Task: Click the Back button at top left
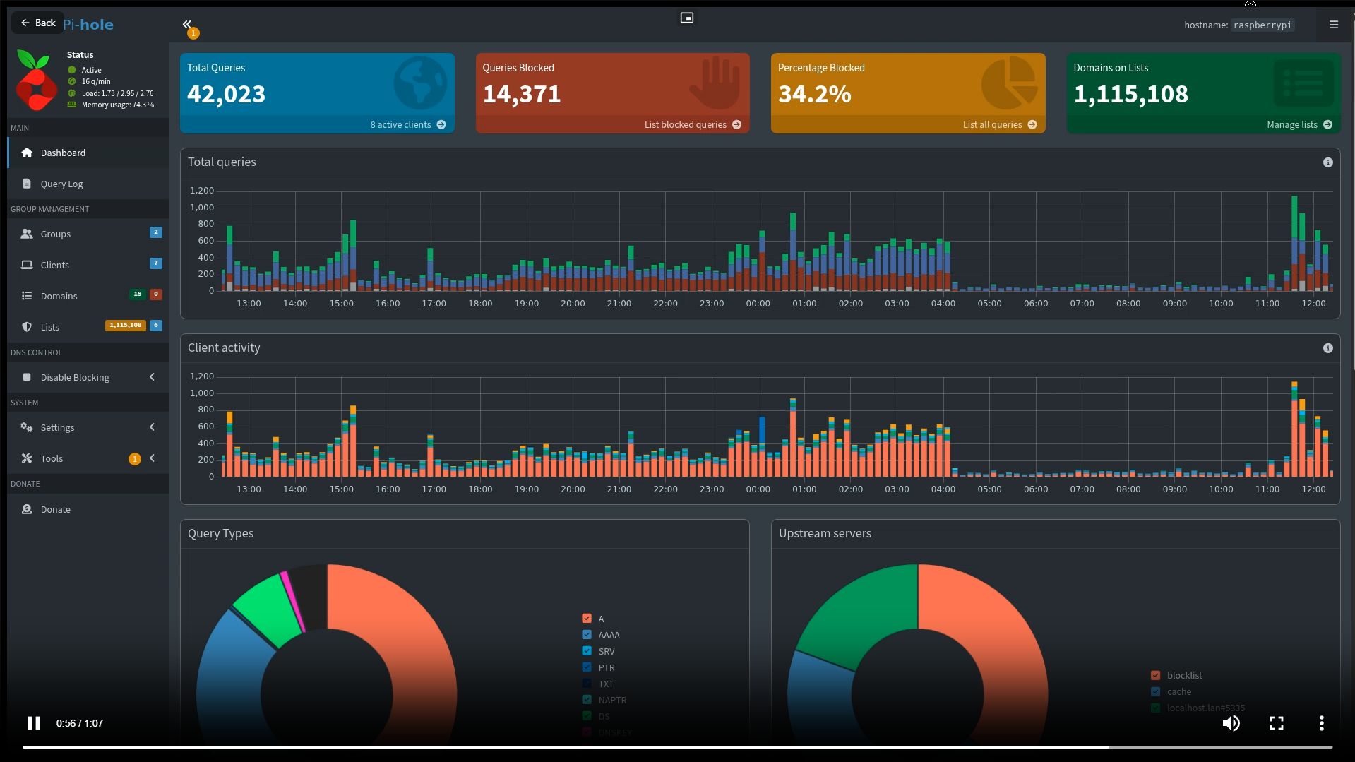(x=38, y=23)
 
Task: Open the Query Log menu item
(x=61, y=184)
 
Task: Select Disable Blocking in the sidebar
(x=75, y=378)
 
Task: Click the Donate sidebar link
(x=55, y=510)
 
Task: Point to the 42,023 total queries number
(x=226, y=95)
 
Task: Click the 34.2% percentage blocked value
(x=814, y=95)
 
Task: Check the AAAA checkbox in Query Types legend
(x=587, y=635)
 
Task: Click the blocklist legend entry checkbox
(x=1155, y=675)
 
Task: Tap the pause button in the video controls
(x=34, y=723)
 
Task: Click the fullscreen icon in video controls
(x=1276, y=723)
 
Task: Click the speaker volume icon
(x=1231, y=723)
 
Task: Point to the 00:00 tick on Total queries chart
(x=758, y=304)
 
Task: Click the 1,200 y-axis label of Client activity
(x=202, y=376)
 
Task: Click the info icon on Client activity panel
(x=1327, y=348)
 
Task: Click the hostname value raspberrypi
(x=1262, y=25)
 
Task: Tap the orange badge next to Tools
(x=134, y=459)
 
